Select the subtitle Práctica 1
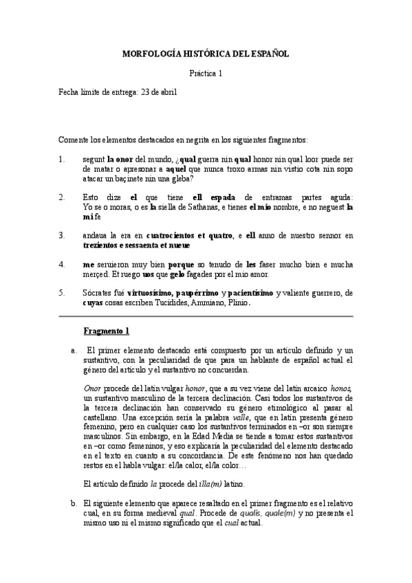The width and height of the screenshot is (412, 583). (206, 73)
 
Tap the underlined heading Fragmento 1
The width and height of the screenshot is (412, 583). (106, 331)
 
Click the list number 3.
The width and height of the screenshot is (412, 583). (61, 236)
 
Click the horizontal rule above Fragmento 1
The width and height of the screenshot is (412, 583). (206, 316)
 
